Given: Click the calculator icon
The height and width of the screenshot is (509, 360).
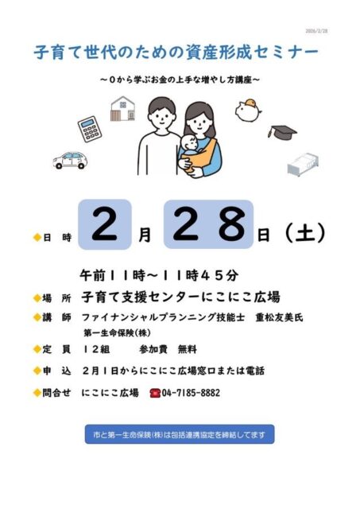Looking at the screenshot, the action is coord(90,129).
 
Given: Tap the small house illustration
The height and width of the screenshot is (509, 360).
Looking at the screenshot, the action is coord(122,108).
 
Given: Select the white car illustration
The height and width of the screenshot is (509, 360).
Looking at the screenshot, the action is coord(70,160).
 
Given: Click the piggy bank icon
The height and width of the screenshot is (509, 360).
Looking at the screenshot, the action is coord(249,111).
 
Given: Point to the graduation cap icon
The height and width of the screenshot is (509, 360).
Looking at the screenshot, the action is coord(282,132).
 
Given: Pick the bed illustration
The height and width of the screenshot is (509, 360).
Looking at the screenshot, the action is coord(303,165).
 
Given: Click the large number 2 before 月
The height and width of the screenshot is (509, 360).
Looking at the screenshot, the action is coord(104,224).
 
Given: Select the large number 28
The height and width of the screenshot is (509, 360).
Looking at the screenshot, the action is coord(208,224).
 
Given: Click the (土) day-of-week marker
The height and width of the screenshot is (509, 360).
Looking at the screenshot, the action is coord(304,233).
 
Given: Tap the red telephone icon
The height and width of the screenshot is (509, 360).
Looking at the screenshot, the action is coord(155,393).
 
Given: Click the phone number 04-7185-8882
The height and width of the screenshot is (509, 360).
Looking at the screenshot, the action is coord(191,393).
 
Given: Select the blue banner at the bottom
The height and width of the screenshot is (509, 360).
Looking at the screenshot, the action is coord(180,434).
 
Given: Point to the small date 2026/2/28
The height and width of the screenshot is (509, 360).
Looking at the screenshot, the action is coord(316,31).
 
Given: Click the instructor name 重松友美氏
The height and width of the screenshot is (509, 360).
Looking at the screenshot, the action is coord(279,317).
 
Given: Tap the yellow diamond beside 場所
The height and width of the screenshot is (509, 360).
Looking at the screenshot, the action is coord(37,297).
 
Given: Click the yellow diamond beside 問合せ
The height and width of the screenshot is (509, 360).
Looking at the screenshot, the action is coord(37,393).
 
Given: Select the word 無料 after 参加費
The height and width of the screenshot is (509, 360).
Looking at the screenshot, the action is coord(188,350).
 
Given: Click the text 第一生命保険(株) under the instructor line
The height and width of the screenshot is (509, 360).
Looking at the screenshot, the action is coord(118,333).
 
